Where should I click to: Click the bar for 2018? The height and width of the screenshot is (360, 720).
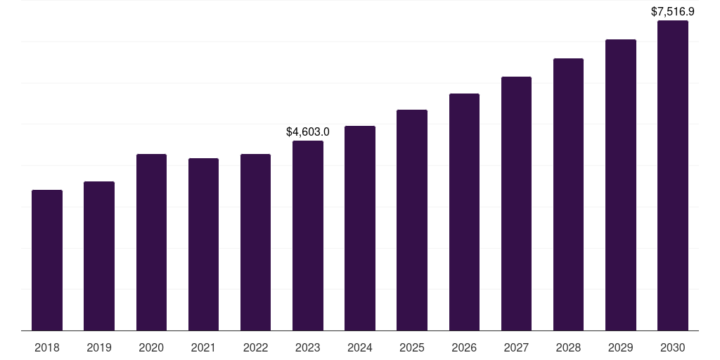point(47,260)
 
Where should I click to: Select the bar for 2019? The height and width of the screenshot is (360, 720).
point(99,256)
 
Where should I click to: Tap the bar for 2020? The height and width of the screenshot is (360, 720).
point(151,242)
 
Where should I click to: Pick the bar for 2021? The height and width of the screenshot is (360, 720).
point(203,244)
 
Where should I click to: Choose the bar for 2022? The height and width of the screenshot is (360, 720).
point(255,242)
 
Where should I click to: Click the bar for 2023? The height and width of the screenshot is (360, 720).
point(308,236)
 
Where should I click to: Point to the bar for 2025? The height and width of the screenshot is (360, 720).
point(412,220)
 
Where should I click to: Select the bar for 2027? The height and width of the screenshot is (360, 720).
point(516,203)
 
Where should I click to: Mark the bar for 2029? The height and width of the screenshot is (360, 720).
point(621,185)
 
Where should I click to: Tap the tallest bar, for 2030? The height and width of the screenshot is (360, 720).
point(673,175)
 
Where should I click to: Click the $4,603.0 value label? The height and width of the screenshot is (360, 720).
point(308,131)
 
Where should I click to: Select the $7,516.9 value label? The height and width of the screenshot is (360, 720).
point(673,11)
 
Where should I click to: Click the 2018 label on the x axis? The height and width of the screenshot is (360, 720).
point(47,347)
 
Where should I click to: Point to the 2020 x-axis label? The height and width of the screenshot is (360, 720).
point(151,347)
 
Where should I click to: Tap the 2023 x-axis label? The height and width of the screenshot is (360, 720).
point(308,347)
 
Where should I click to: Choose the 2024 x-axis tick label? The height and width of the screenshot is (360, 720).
point(360,347)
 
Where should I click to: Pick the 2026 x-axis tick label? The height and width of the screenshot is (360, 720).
point(464,347)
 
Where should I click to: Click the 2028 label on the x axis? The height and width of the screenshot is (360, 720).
point(568,347)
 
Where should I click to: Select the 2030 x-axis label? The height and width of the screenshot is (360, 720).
point(673,347)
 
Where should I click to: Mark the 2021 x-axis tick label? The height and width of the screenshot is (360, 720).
point(203,347)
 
